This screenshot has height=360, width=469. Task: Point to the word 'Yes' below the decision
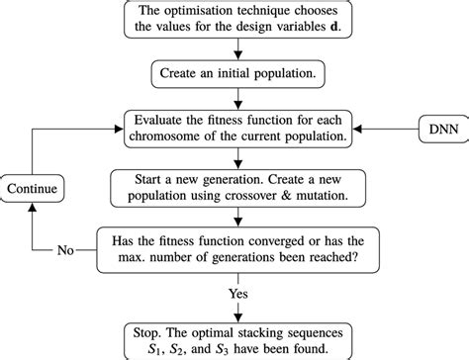coord(237,293)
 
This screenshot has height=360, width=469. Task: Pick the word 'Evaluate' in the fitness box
coord(162,119)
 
